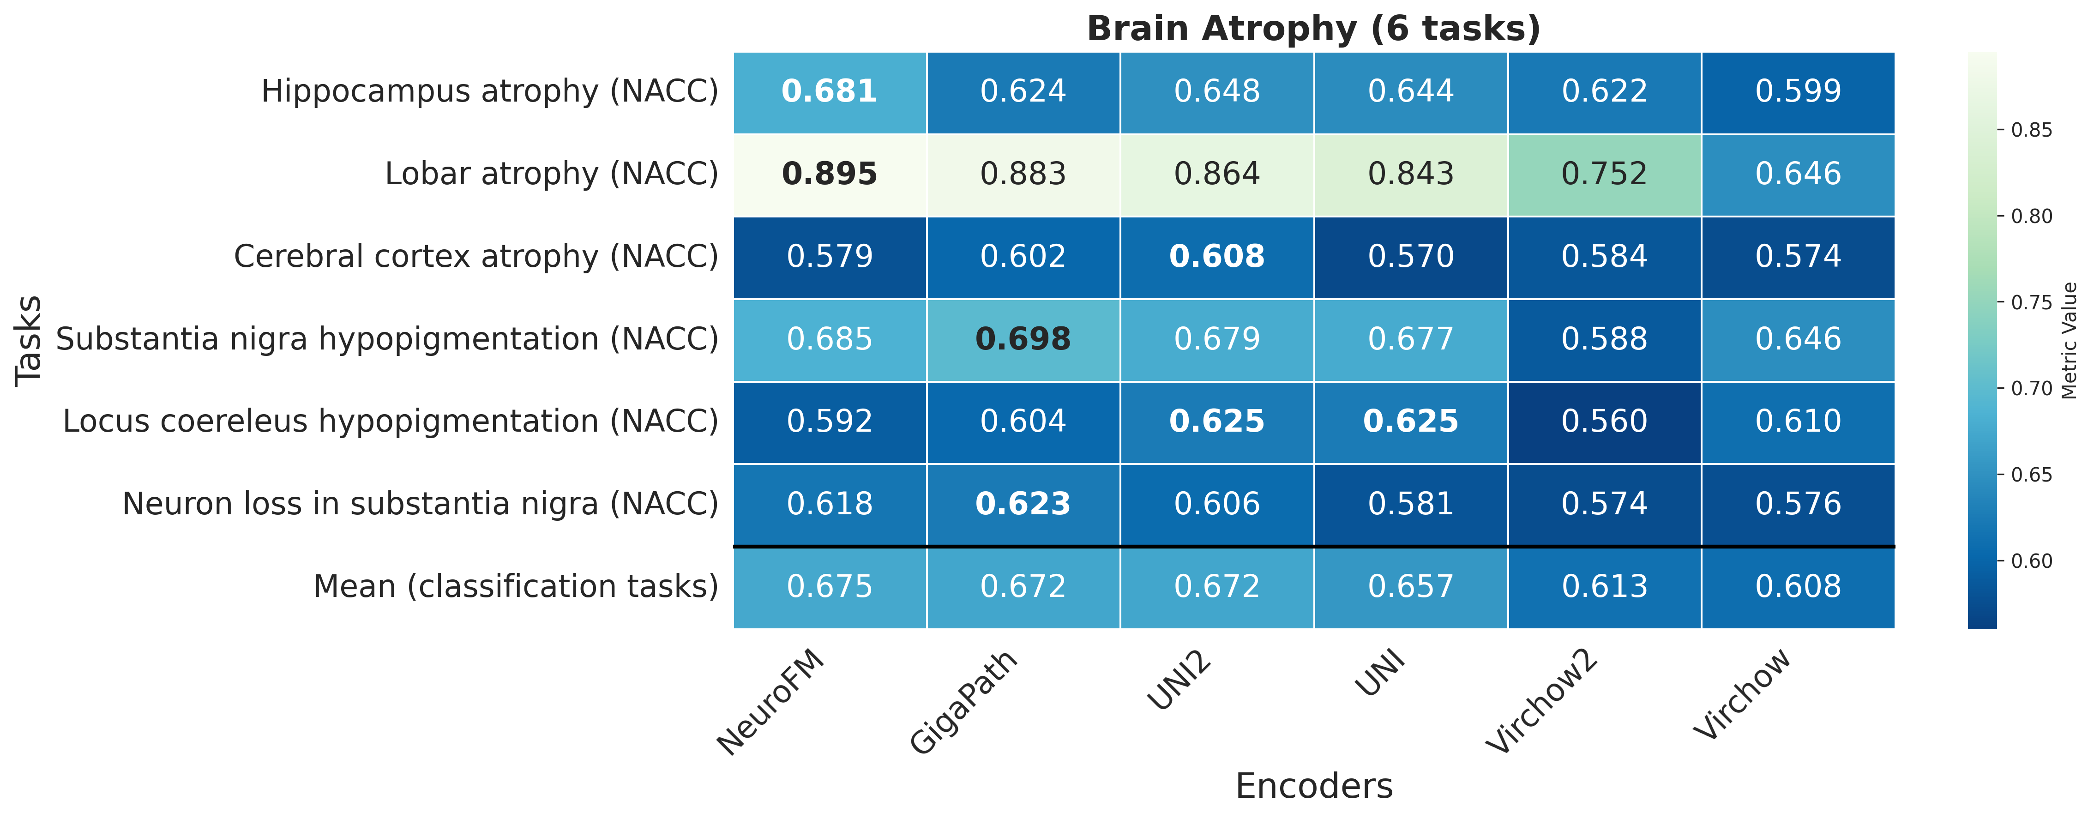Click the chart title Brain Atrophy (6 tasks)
point(1314,29)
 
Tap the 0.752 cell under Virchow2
point(1604,174)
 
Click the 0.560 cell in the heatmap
point(1604,422)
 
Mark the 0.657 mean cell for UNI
point(1410,586)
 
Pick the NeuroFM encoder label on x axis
point(770,704)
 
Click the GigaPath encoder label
point(963,704)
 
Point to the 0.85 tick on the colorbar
point(2031,130)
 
